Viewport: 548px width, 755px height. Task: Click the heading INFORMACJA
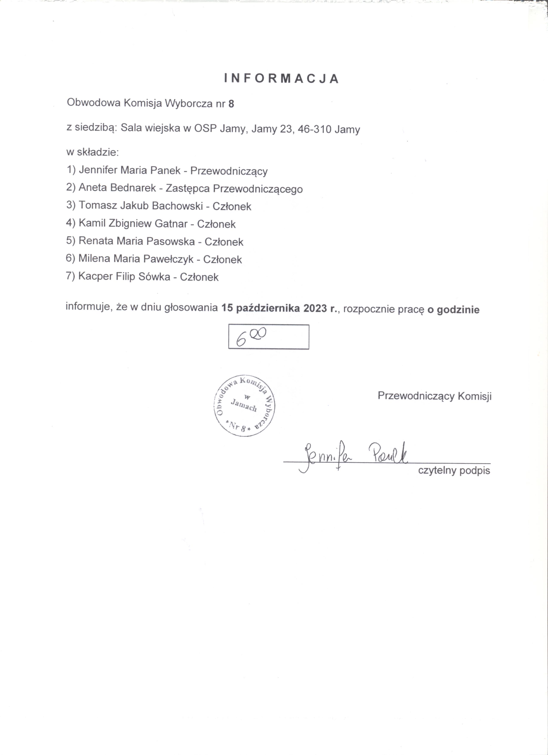pyautogui.click(x=281, y=79)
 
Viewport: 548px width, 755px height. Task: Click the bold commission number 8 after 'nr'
pyautogui.click(x=231, y=104)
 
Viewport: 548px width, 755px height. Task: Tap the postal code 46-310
pyautogui.click(x=315, y=129)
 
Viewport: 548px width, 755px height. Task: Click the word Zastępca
pyautogui.click(x=188, y=188)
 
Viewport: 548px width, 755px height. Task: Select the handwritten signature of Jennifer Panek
pyautogui.click(x=352, y=455)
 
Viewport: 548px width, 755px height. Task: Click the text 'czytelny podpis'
pyautogui.click(x=454, y=471)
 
